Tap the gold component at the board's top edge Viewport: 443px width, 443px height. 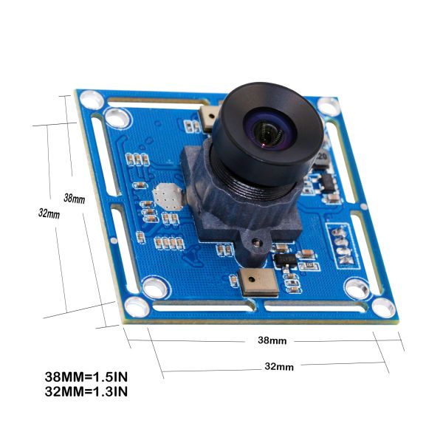tap(209, 117)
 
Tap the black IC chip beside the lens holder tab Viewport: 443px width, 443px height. tap(284, 261)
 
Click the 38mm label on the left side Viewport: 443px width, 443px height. tap(74, 198)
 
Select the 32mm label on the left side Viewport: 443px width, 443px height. tap(49, 213)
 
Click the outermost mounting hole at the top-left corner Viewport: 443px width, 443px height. tap(89, 97)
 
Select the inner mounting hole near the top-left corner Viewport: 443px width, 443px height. tap(115, 116)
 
